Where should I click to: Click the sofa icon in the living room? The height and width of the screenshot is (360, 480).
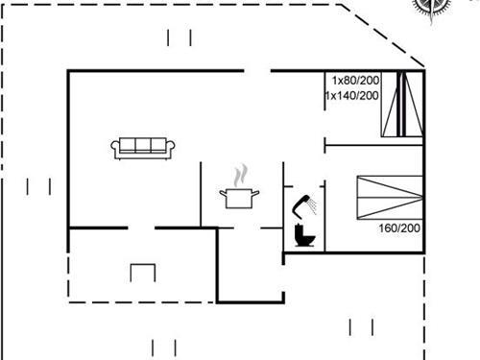tap(143, 147)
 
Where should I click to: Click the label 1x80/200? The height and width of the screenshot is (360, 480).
tap(355, 81)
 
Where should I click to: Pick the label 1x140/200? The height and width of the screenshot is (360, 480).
tap(352, 96)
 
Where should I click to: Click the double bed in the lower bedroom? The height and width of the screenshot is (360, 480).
tap(390, 198)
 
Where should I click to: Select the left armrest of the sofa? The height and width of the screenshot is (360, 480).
tap(116, 148)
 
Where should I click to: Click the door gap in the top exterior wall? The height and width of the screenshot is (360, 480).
tap(256, 70)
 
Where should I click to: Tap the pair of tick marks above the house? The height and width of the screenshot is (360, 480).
tap(180, 37)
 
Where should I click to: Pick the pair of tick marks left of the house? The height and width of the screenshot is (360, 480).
tap(39, 186)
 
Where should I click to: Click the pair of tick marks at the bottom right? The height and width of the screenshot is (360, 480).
tap(361, 327)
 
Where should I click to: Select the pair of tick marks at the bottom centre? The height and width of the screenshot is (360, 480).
tap(163, 348)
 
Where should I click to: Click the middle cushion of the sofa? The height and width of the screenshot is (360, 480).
tap(143, 145)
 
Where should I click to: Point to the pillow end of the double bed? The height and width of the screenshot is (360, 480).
tap(415, 198)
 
